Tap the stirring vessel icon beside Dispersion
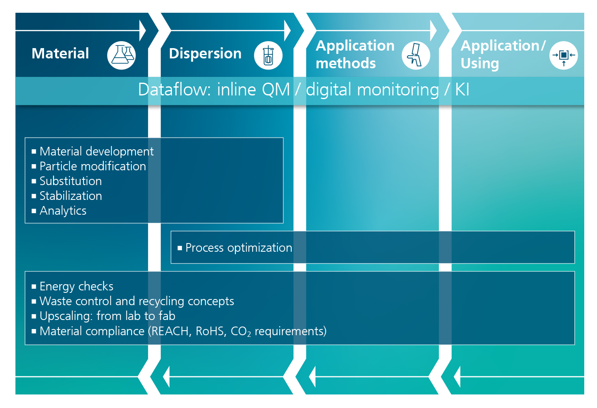(268, 56)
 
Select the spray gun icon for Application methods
(416, 56)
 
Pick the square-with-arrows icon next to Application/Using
(563, 56)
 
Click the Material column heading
(60, 53)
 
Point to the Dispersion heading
(205, 53)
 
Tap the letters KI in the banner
(462, 90)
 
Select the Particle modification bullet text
(93, 166)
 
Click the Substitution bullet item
(71, 181)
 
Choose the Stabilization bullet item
(71, 196)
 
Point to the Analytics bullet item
(63, 211)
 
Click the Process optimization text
(239, 248)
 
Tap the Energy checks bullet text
(77, 287)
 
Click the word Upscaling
(66, 316)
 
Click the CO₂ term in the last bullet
(241, 331)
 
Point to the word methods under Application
(346, 63)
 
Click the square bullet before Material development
(34, 152)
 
